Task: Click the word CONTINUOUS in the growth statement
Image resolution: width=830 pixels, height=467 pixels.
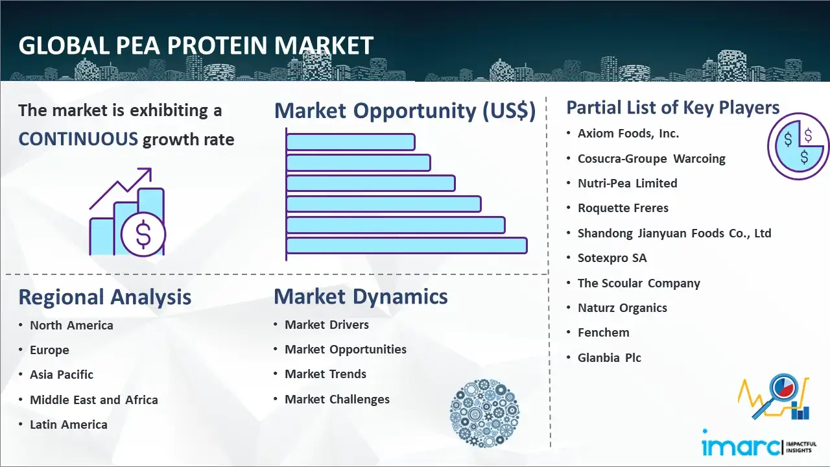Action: (x=78, y=139)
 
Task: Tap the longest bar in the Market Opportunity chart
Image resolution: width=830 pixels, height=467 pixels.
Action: (x=407, y=246)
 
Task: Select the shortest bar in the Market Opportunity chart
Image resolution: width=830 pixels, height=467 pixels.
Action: (x=351, y=142)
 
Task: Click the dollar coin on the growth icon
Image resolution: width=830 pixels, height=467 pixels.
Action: (x=143, y=234)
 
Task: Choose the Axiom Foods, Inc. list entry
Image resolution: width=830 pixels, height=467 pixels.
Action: (x=628, y=134)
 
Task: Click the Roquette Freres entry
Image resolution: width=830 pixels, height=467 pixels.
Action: (x=623, y=208)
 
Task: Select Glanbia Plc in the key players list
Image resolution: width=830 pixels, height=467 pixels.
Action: (x=609, y=357)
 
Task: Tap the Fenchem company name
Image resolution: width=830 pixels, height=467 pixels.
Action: (x=603, y=333)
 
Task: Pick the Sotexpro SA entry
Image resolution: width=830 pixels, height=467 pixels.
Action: (x=612, y=258)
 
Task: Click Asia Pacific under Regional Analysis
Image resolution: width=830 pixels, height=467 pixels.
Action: (x=62, y=375)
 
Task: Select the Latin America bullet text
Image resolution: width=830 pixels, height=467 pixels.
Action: (x=69, y=425)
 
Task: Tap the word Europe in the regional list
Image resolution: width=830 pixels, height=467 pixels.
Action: (x=49, y=350)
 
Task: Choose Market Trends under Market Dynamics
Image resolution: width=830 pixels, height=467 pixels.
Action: (x=326, y=374)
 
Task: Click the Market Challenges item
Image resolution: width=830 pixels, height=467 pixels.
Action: (x=337, y=399)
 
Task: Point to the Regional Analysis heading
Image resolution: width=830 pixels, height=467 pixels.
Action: (x=105, y=297)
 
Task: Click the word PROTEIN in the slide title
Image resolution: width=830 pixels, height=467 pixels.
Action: (x=217, y=45)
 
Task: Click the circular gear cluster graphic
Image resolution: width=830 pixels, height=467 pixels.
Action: (x=484, y=413)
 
